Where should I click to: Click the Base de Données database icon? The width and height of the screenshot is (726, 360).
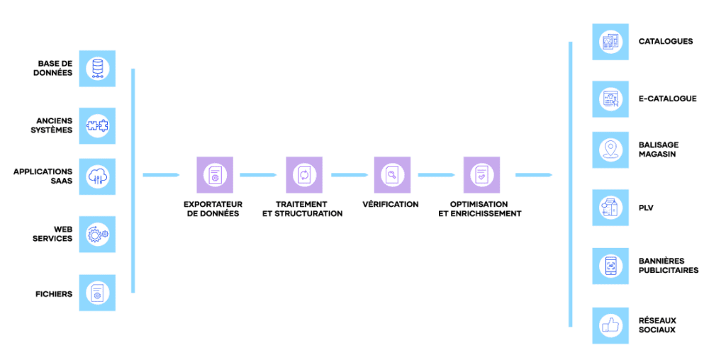97,69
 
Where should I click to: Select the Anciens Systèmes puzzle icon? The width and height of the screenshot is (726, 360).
97,126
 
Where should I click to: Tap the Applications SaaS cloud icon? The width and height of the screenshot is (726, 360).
97,176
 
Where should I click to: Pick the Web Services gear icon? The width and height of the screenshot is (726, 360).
97,235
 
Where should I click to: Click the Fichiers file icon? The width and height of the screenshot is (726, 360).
97,293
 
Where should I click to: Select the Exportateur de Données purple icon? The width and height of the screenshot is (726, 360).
215,174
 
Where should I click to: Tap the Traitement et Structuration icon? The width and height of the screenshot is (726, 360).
304,174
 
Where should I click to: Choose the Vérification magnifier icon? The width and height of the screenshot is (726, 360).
392,174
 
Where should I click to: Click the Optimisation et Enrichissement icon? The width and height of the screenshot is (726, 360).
481,174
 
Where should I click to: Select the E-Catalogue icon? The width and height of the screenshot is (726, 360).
610,99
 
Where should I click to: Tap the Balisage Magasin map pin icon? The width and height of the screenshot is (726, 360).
610,150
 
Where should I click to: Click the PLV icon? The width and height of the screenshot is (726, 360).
610,208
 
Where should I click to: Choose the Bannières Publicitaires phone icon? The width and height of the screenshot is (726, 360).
610,266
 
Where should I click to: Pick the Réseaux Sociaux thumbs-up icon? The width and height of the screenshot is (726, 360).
610,325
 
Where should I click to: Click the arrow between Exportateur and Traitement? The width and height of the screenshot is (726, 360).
259,174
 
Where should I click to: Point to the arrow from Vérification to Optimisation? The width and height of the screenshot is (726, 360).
437,174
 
